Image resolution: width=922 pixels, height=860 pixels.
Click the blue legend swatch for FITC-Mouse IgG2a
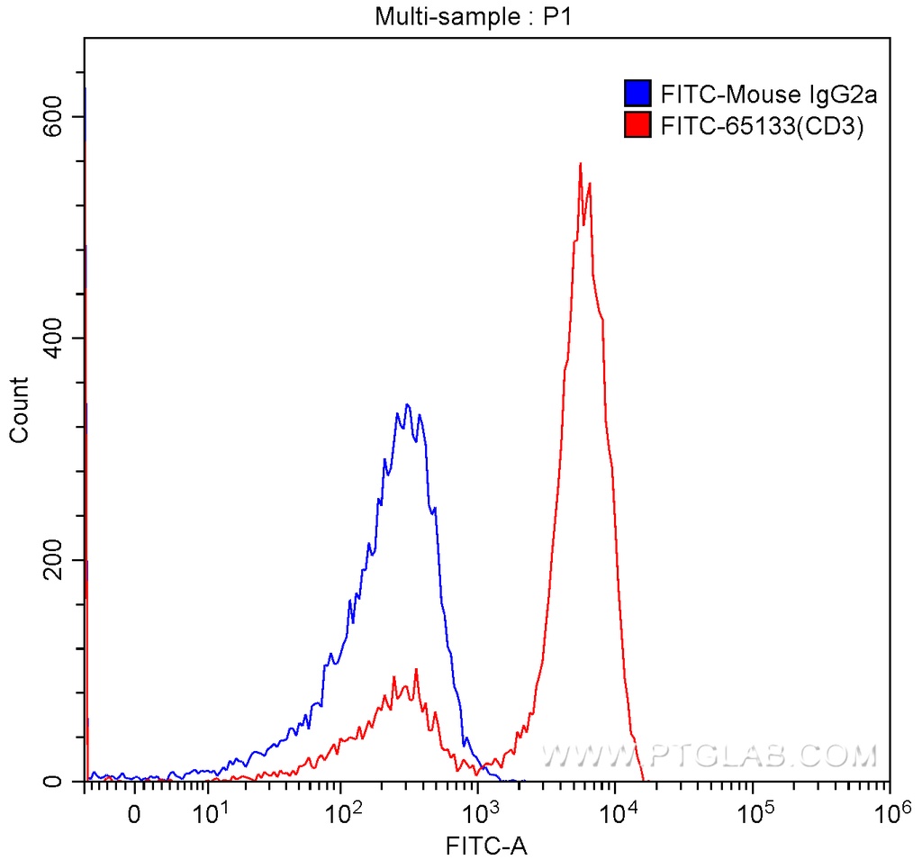point(637,94)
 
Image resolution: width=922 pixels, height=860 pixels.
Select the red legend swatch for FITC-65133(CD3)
point(637,126)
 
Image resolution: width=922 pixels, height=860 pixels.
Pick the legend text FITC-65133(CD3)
point(762,126)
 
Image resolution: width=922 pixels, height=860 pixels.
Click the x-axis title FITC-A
point(486,846)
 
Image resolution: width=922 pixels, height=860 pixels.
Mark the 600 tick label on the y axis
point(56,116)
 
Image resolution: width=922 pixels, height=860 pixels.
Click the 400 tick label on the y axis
point(56,338)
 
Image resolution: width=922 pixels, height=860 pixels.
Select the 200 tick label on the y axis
point(56,559)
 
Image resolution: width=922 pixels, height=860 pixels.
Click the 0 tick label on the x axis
point(134,816)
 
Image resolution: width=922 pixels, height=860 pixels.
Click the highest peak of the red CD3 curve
point(580,164)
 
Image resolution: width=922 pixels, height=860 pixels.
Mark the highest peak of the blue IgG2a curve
point(408,405)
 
